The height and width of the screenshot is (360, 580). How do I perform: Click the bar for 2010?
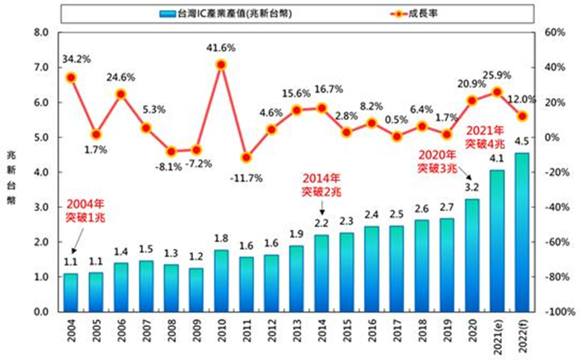221,281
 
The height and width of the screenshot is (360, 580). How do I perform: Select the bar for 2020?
472,255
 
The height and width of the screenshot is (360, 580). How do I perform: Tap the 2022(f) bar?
521,232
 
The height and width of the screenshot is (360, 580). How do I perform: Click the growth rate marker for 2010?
221,65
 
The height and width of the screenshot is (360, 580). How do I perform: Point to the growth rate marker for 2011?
246,157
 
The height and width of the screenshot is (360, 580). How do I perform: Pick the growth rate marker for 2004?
71,78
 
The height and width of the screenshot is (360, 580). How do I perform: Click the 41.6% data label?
221,49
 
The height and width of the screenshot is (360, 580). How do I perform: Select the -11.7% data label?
246,178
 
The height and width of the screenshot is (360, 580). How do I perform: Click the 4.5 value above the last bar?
522,141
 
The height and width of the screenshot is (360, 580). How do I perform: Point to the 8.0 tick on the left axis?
42,32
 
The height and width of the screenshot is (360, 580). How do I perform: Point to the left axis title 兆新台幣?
11,176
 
